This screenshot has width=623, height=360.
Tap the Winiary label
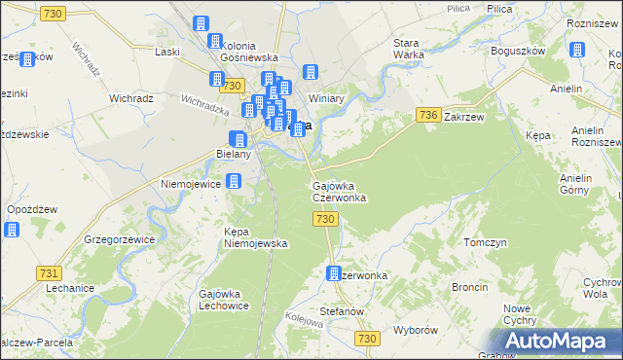click(327, 98)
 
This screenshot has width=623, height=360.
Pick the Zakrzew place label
click(463, 116)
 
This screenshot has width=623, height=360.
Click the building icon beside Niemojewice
click(234, 181)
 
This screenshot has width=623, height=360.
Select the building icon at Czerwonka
click(334, 274)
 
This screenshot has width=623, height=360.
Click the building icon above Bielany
click(237, 140)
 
